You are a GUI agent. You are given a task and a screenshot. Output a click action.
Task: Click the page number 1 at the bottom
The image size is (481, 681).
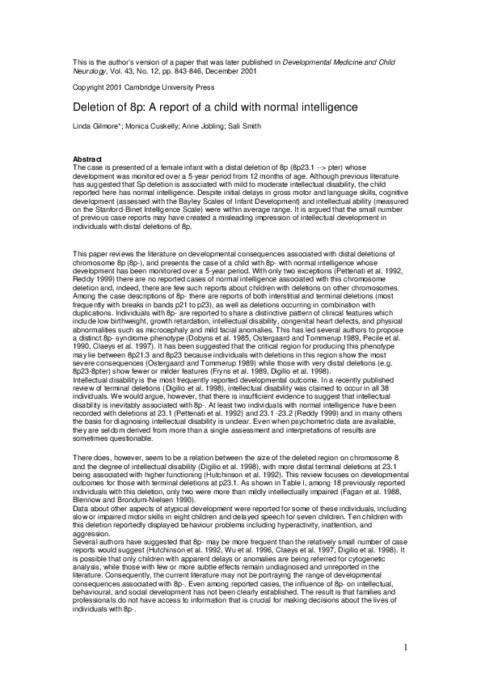point(405,647)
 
